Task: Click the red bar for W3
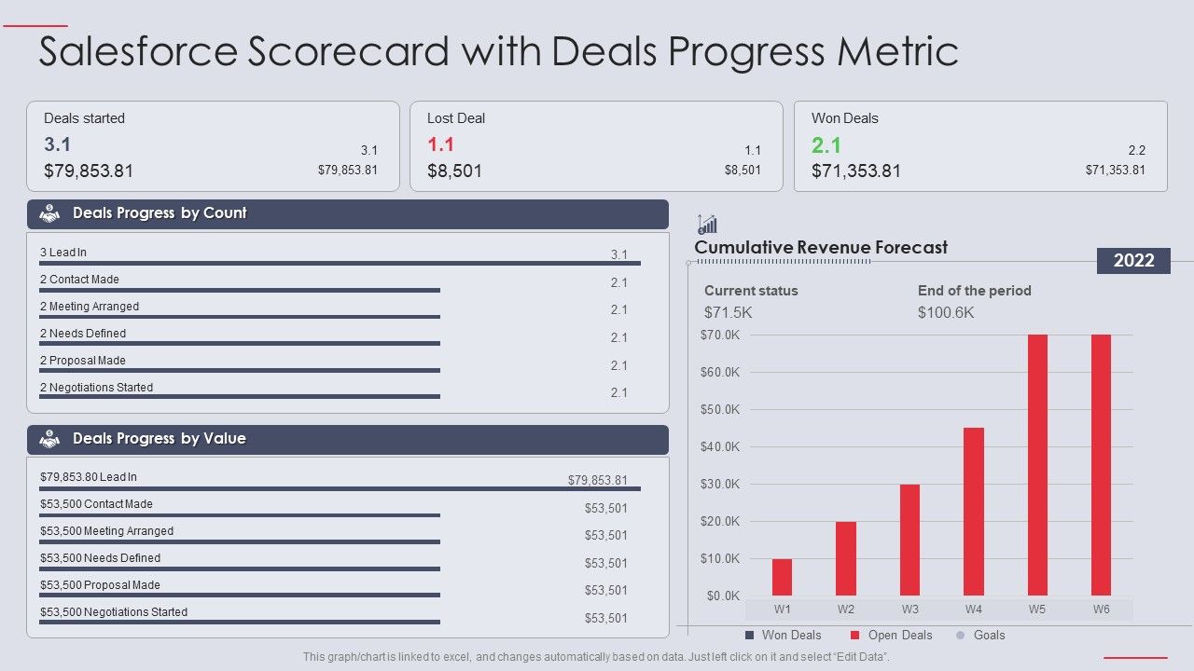pos(909,540)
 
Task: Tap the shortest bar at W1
pos(782,577)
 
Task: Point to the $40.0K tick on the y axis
pos(719,446)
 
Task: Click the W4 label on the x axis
pos(973,609)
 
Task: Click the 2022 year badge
pos(1133,261)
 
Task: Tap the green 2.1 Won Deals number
pos(826,145)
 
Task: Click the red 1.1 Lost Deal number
pos(440,145)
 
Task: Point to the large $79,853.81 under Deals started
pos(89,171)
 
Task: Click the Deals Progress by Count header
pos(160,213)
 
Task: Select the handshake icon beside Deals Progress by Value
pos(49,439)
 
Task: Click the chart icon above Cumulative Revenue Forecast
pos(707,224)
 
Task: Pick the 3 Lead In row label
pos(63,253)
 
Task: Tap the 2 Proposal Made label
pos(83,361)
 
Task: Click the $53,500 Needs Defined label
pos(100,558)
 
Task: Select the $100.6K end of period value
pos(946,312)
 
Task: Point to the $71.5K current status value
pos(728,312)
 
